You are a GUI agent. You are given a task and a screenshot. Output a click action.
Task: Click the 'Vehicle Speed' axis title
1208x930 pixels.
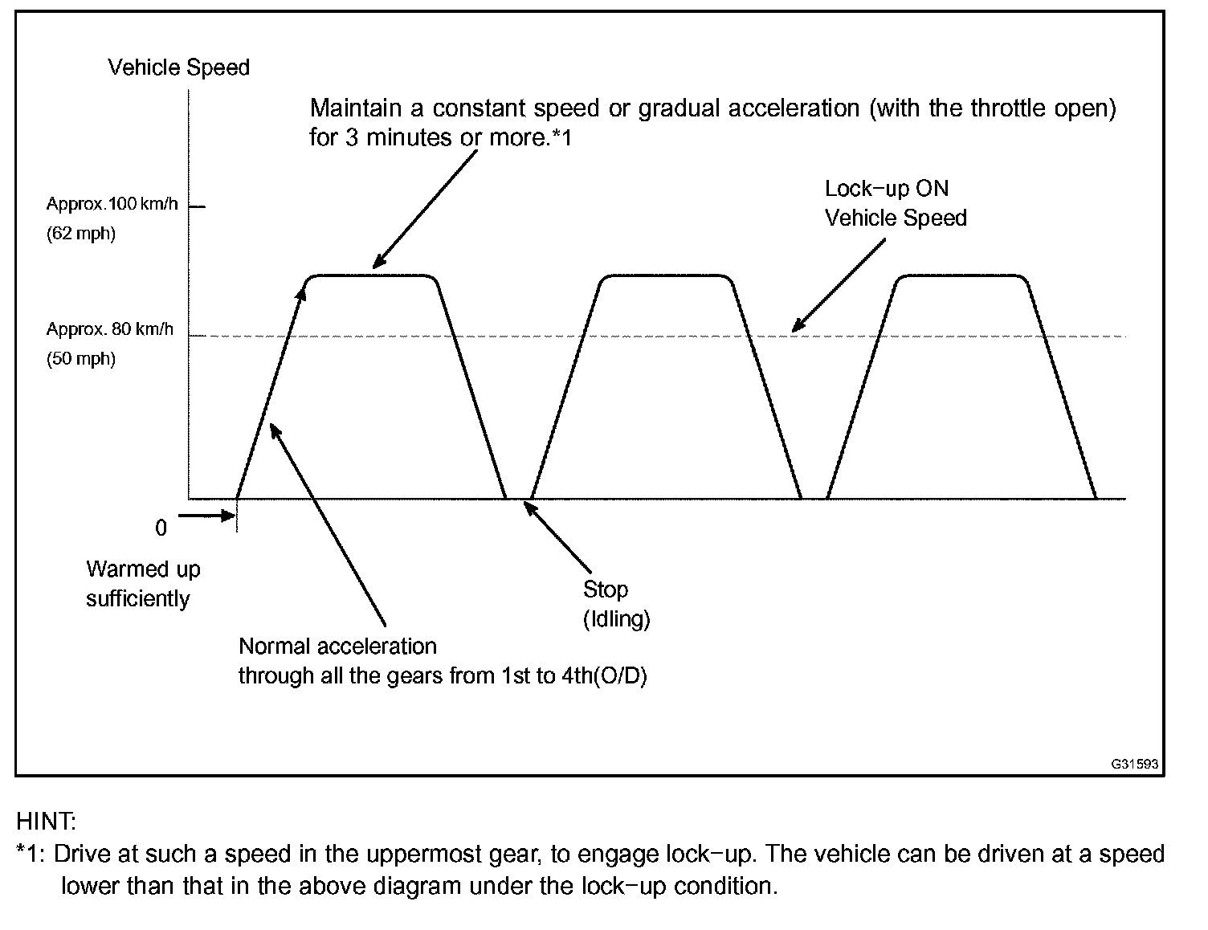coord(178,67)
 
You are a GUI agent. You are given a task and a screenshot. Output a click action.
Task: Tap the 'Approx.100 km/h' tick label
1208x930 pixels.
coord(112,204)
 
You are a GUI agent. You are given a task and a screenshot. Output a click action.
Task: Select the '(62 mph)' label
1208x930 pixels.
coord(80,235)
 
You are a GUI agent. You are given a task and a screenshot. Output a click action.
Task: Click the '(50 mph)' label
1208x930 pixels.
coord(80,359)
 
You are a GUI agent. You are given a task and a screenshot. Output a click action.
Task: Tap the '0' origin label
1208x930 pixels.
coord(161,528)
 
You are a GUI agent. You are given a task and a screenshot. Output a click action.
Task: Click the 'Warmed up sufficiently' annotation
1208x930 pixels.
coord(142,584)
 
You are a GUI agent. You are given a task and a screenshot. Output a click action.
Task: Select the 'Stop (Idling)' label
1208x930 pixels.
coord(615,604)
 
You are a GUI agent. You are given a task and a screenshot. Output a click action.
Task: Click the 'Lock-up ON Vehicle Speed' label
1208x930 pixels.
coord(895,203)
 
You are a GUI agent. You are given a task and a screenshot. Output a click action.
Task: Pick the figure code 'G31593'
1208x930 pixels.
coord(1134,764)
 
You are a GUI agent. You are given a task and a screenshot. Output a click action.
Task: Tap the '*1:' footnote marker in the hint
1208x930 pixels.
coord(32,854)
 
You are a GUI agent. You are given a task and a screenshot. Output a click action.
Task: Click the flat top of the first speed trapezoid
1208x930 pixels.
coord(372,276)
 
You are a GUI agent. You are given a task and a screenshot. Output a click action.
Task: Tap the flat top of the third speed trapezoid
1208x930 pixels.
coord(961,276)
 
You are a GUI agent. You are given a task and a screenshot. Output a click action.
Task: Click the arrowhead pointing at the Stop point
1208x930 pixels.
coord(530,508)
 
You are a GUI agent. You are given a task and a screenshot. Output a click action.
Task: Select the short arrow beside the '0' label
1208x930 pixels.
coord(206,516)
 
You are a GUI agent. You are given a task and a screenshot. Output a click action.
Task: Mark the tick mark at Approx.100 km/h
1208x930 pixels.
coord(198,207)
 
